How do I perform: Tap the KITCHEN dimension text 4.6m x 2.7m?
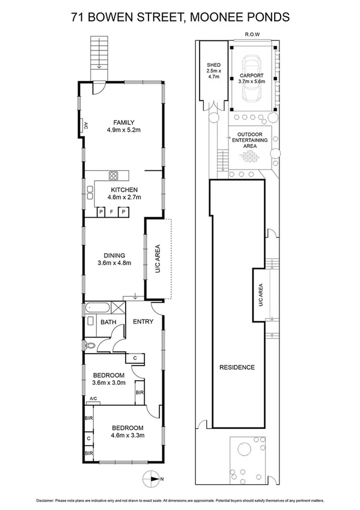tap(124, 197)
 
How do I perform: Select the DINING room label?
tap(114, 255)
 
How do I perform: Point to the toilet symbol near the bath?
tap(89, 345)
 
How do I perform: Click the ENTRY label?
tap(143, 322)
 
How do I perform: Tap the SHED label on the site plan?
tap(213, 66)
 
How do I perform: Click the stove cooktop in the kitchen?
tap(114, 176)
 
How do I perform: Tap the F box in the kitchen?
tap(112, 212)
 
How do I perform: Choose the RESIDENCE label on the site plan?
tap(237, 367)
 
